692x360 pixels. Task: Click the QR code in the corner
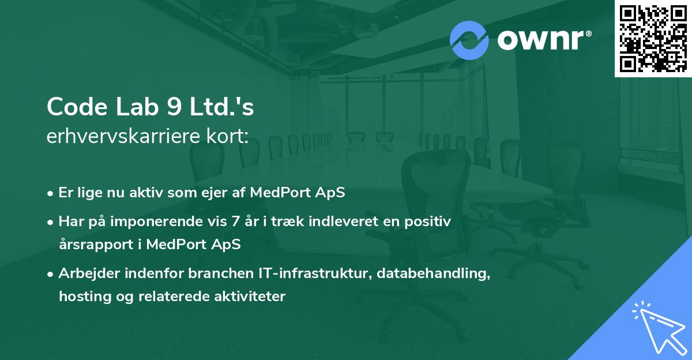pos(653,38)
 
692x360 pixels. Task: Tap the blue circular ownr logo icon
pos(469,40)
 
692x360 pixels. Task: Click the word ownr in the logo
pos(543,40)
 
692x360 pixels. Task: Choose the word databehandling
pos(434,273)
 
